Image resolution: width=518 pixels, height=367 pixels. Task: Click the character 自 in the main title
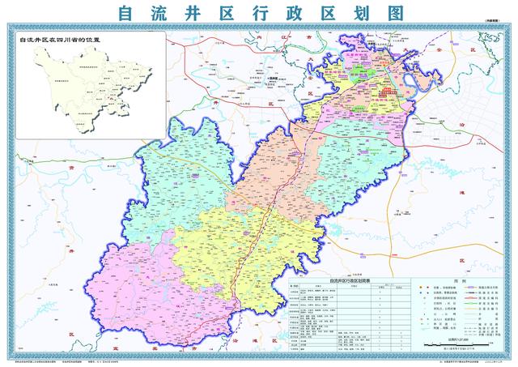(x=125, y=14)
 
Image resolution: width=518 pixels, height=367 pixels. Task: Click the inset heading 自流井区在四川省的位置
(x=58, y=38)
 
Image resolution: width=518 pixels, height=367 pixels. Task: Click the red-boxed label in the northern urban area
(x=391, y=92)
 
